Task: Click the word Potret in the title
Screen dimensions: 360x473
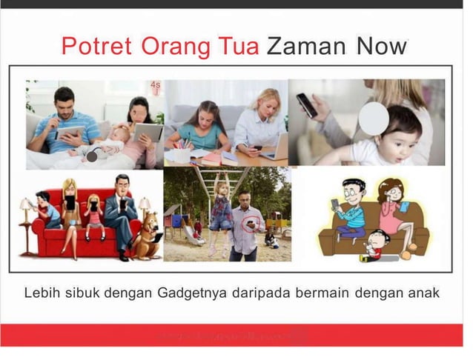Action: click(x=94, y=47)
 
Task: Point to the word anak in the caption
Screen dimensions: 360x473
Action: click(x=423, y=293)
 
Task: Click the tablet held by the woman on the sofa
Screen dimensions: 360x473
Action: click(x=148, y=133)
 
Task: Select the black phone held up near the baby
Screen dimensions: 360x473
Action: click(x=306, y=104)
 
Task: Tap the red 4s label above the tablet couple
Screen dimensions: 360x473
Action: click(x=156, y=85)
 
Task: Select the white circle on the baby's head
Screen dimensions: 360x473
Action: click(x=374, y=118)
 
